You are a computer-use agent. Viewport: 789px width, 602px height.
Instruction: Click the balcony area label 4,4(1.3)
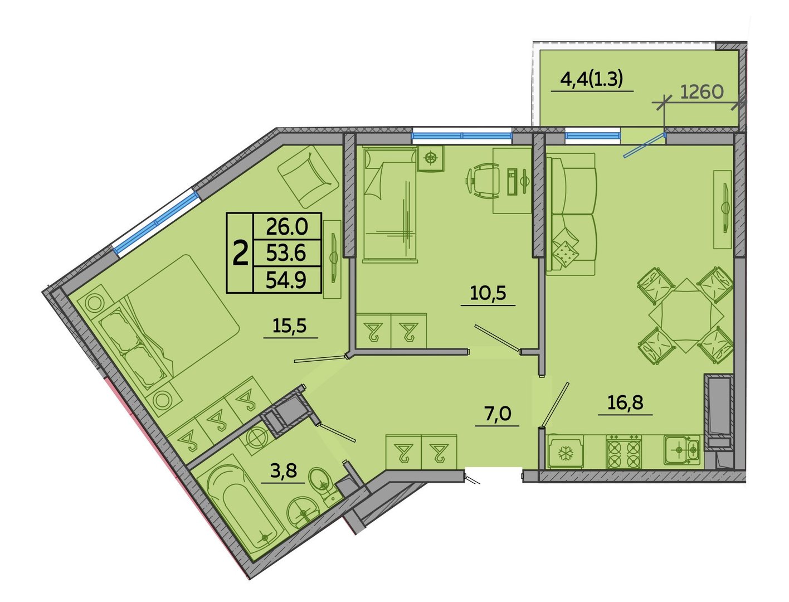(591, 80)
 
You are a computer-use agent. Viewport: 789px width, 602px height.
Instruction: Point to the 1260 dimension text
(702, 93)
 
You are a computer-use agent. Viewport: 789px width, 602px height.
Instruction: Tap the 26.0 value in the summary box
(287, 227)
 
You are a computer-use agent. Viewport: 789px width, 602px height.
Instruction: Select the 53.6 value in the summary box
(286, 253)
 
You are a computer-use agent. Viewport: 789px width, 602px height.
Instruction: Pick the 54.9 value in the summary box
(286, 280)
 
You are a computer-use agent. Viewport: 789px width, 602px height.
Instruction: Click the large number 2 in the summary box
(241, 253)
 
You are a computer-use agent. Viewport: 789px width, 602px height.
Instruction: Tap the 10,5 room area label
(488, 293)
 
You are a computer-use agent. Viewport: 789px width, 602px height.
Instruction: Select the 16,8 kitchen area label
(625, 403)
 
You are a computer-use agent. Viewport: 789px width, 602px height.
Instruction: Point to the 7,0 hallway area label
(498, 414)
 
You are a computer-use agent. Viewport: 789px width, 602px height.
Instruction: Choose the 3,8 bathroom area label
(283, 470)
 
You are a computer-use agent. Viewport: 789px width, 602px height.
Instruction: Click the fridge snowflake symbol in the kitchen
(566, 454)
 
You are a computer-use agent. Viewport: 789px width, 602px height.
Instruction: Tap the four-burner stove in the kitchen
(624, 452)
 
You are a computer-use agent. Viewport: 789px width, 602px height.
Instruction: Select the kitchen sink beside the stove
(681, 450)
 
